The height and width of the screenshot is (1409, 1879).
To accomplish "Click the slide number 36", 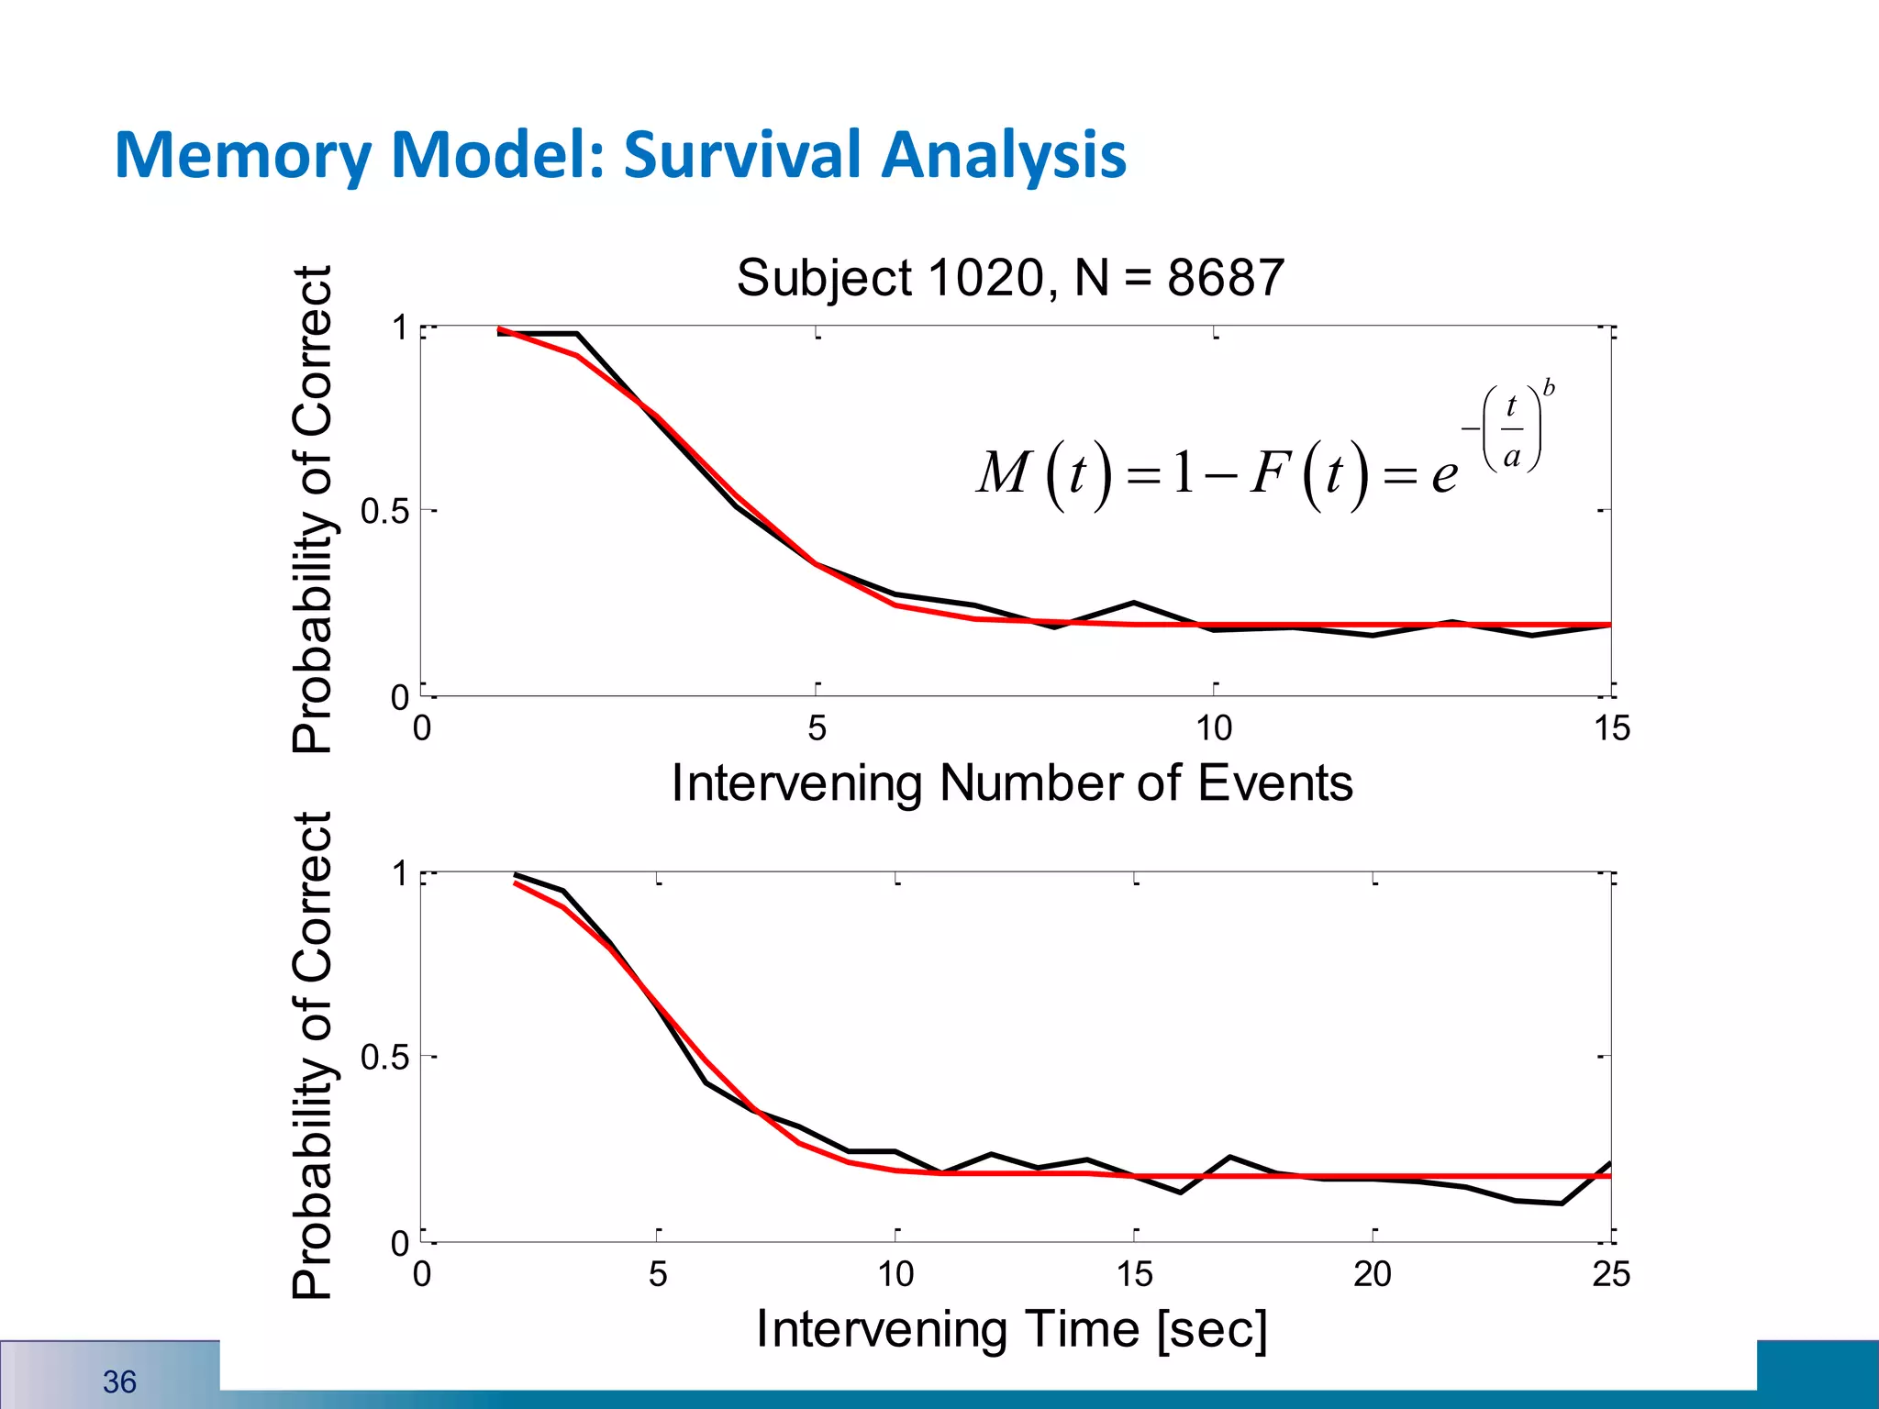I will coord(119,1381).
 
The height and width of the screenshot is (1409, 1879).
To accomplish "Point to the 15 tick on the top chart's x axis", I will coord(1611,728).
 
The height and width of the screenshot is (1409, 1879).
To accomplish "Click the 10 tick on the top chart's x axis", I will coord(1213,728).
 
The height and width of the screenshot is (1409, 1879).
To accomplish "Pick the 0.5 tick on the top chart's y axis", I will coord(384,511).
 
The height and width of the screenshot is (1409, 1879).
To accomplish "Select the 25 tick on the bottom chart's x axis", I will coord(1611,1274).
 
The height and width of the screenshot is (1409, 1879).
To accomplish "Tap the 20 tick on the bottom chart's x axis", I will coord(1373,1274).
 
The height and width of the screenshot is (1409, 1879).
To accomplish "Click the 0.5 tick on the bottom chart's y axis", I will coord(384,1057).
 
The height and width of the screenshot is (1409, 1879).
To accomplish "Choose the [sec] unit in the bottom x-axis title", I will coord(1213,1329).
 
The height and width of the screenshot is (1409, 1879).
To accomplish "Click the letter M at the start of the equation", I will coord(1004,473).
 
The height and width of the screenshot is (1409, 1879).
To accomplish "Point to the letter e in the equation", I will coord(1444,475).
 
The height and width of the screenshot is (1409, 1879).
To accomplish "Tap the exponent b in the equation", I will coord(1549,388).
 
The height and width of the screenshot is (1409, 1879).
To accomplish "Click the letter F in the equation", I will coord(1272,473).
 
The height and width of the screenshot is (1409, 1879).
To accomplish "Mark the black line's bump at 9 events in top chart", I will coord(1134,603).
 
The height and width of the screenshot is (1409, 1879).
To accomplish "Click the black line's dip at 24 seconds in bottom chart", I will coord(1562,1203).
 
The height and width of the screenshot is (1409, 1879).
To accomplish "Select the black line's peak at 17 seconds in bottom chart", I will coord(1229,1158).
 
